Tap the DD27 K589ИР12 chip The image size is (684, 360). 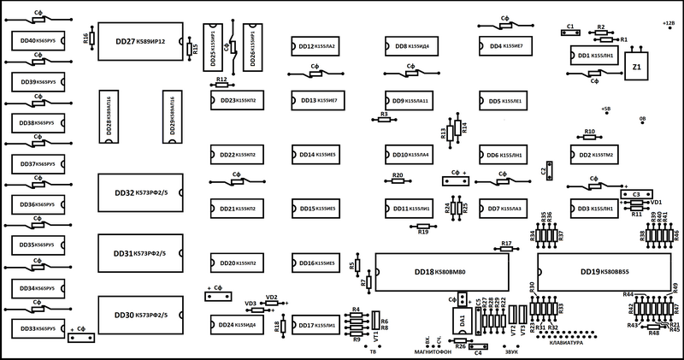[x=139, y=41]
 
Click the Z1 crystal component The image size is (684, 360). [x=636, y=66]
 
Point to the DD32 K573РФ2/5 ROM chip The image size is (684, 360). [x=139, y=192]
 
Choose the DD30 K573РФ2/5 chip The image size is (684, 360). [x=139, y=316]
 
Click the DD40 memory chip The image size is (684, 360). [x=37, y=40]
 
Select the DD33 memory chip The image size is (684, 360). [x=37, y=328]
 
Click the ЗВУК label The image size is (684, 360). [x=512, y=351]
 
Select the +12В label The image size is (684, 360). [x=669, y=23]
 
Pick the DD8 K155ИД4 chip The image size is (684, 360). [x=407, y=46]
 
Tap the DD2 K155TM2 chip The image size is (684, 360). [x=596, y=155]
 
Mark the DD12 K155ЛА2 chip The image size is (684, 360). [x=314, y=46]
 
